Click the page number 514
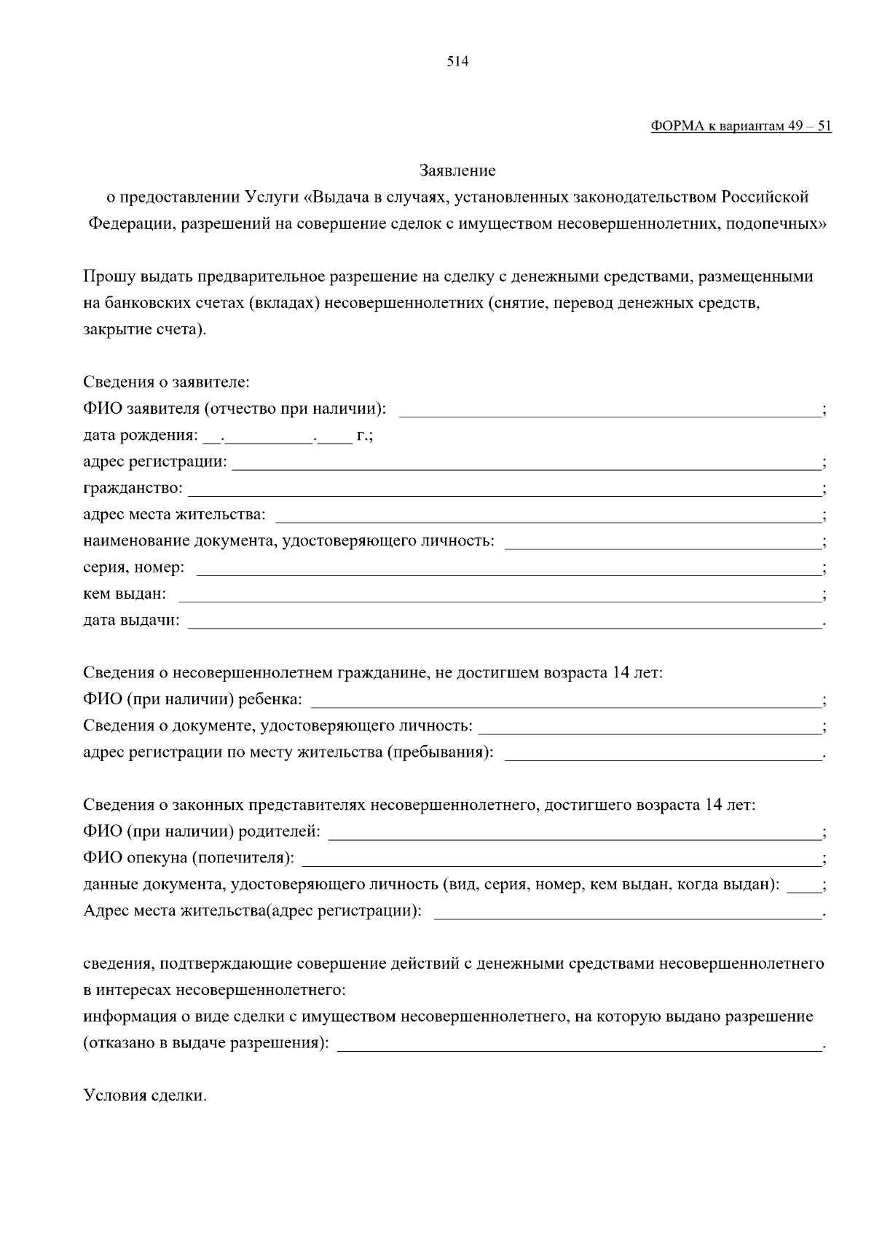[x=457, y=62]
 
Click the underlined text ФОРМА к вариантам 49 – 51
[x=740, y=126]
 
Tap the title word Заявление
[x=457, y=171]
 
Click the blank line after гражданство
[x=503, y=489]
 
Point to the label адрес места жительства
[x=174, y=516]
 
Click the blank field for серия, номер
[x=508, y=569]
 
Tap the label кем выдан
[x=125, y=594]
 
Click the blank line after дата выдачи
[x=503, y=622]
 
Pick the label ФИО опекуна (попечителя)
[x=189, y=859]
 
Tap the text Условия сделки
[x=145, y=1095]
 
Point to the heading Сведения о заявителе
[x=166, y=382]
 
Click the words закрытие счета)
[x=145, y=329]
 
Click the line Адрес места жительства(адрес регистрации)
[x=252, y=911]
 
